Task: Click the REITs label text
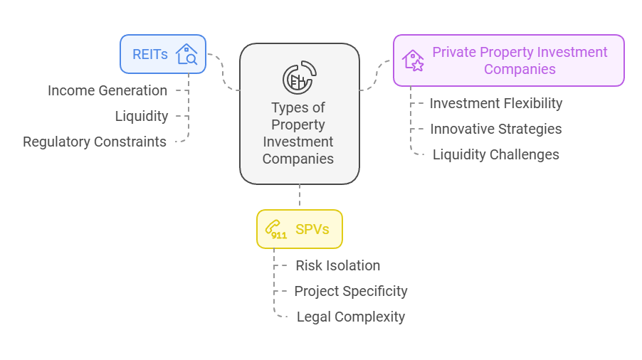(x=149, y=54)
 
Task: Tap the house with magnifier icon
(x=186, y=54)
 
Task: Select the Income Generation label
(x=107, y=90)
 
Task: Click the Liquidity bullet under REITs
(x=142, y=116)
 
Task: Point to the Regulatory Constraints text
(x=95, y=142)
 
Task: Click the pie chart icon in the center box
(x=299, y=78)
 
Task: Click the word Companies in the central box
(x=298, y=159)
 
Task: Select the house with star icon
(x=413, y=60)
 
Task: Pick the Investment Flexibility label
(x=496, y=103)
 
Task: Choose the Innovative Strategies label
(x=496, y=129)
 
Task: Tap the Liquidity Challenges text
(x=496, y=154)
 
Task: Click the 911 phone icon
(x=276, y=229)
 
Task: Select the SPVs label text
(x=312, y=229)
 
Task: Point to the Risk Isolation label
(x=338, y=265)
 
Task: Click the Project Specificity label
(x=351, y=291)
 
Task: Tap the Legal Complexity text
(x=351, y=317)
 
